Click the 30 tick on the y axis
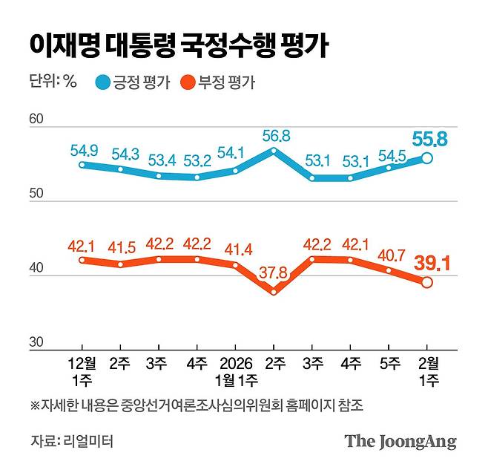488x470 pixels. point(38,343)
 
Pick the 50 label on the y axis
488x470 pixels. point(38,195)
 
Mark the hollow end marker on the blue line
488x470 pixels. point(427,157)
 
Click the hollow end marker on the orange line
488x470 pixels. point(427,282)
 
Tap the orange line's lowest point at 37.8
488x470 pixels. point(274,292)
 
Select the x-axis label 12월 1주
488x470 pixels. point(82,373)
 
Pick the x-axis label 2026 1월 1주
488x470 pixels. point(236,373)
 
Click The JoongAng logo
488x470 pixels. point(400,441)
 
